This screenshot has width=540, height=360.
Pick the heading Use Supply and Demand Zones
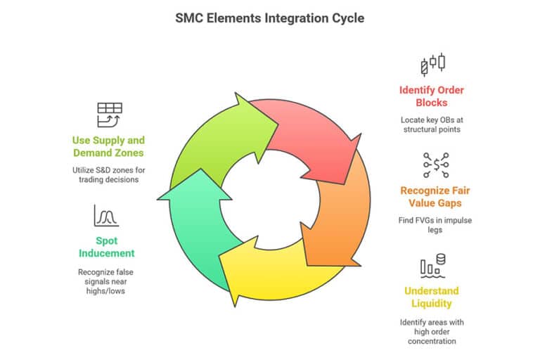[108, 146]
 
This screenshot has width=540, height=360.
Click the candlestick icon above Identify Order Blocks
[432, 63]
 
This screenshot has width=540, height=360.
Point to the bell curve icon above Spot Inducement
[105, 214]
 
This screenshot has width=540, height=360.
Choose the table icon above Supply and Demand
[108, 115]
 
